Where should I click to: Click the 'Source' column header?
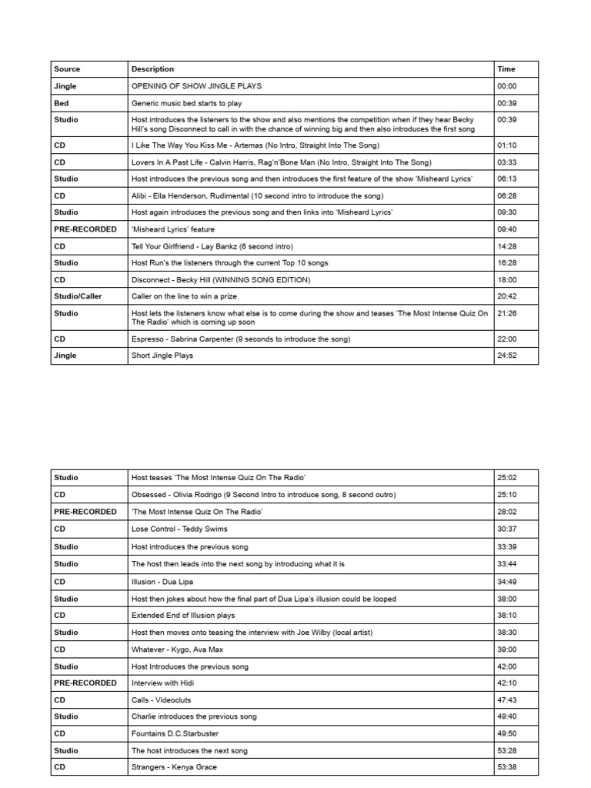tap(67, 69)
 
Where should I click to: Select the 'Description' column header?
tap(152, 69)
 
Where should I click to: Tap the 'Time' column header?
tap(506, 69)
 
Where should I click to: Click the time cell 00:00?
tap(507, 86)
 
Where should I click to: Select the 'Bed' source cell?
tap(62, 103)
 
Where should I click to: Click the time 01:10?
tap(507, 145)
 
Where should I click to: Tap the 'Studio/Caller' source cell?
tap(78, 296)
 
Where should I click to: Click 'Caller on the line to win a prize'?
tap(189, 296)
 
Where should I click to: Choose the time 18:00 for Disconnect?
tap(507, 279)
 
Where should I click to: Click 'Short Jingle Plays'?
tap(162, 356)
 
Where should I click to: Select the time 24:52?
tap(507, 356)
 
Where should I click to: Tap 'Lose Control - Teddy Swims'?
tap(179, 529)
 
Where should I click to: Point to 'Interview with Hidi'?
tap(165, 683)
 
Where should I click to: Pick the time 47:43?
tap(507, 700)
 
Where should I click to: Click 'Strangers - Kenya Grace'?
tap(174, 766)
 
